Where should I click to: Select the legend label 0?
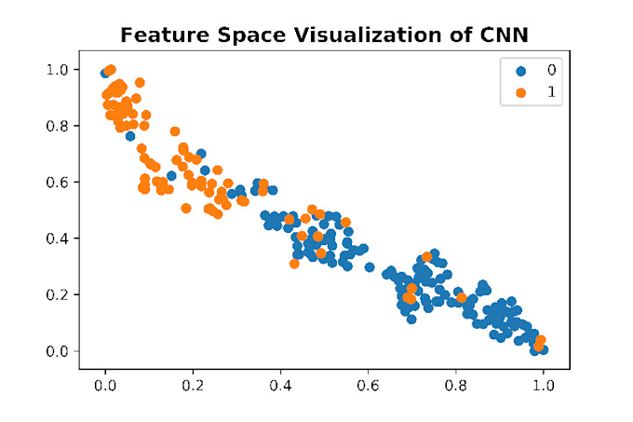pyautogui.click(x=551, y=70)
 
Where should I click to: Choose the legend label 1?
pyautogui.click(x=551, y=92)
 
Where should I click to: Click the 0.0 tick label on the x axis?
pyautogui.click(x=105, y=384)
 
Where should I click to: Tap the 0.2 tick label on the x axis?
pyautogui.click(x=193, y=384)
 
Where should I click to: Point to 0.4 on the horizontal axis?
pyautogui.click(x=280, y=384)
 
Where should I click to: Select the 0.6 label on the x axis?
pyautogui.click(x=368, y=384)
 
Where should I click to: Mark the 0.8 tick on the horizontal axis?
pyautogui.click(x=455, y=384)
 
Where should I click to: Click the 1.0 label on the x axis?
pyautogui.click(x=543, y=384)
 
